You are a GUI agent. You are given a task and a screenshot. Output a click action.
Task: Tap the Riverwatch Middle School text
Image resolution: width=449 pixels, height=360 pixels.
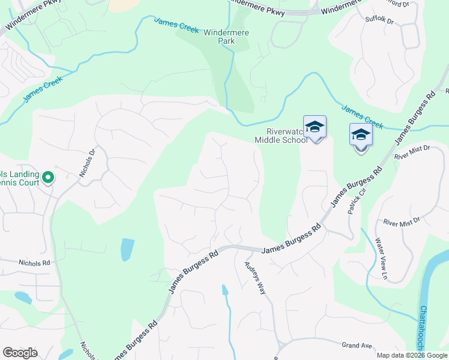click(281, 136)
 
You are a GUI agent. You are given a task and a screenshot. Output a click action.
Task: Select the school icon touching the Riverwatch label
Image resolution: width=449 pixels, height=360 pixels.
click(315, 127)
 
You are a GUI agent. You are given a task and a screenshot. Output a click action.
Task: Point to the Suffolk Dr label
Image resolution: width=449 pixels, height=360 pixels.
click(379, 20)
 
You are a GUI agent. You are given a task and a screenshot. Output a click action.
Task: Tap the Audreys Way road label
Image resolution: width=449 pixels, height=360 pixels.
click(255, 277)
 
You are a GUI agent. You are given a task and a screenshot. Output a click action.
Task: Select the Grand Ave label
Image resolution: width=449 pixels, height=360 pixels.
click(358, 346)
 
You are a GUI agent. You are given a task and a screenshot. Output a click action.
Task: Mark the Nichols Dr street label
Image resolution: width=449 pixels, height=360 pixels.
click(88, 164)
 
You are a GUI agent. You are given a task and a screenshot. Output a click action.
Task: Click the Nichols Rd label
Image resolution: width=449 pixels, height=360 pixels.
click(34, 263)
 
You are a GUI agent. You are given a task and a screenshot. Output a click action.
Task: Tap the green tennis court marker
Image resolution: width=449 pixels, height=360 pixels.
click(48, 177)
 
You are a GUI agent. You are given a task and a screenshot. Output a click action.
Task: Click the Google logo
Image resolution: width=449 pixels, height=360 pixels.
click(20, 353)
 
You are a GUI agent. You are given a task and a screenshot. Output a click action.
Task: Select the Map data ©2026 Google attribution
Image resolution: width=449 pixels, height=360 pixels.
click(412, 355)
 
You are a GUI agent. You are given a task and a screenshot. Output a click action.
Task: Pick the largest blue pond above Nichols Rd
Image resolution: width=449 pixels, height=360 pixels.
click(127, 249)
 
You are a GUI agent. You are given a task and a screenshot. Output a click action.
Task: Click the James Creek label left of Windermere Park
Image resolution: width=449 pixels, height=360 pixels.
click(176, 25)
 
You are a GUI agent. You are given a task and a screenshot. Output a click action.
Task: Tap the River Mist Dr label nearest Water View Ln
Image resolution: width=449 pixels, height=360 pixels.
click(402, 223)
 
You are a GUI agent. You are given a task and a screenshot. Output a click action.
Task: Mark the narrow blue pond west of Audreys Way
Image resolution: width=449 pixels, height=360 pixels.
click(224, 290)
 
